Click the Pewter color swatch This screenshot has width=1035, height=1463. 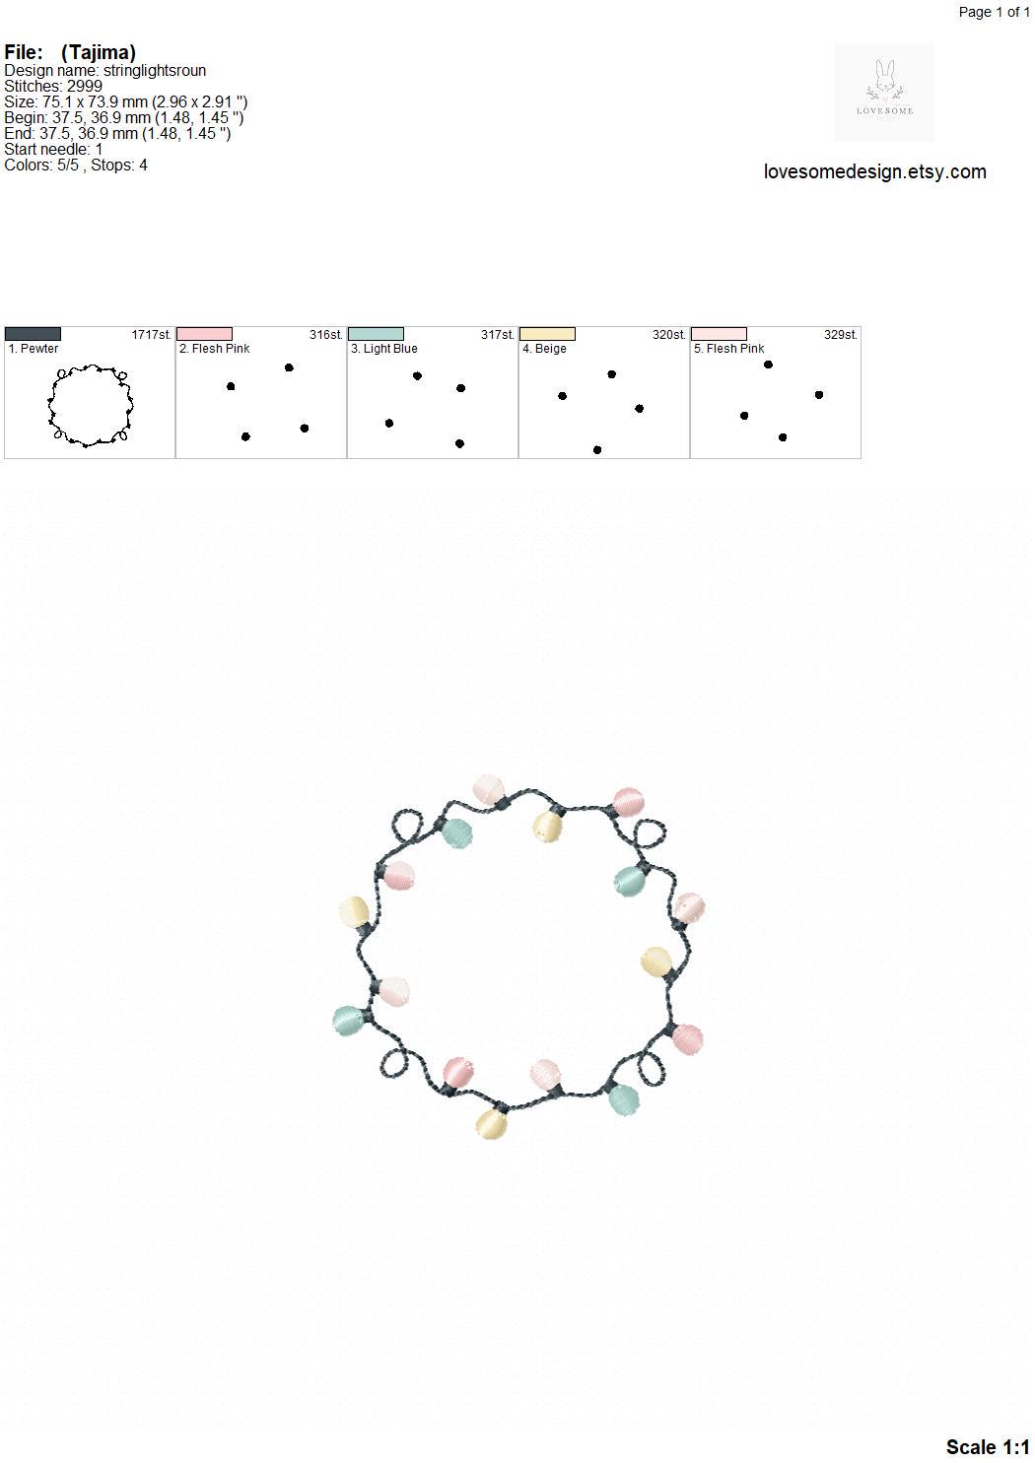click(x=33, y=334)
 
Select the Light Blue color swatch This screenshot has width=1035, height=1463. click(x=376, y=334)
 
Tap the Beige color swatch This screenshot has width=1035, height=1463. click(x=547, y=334)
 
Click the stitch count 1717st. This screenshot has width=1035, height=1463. click(x=151, y=334)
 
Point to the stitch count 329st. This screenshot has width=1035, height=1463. click(x=840, y=334)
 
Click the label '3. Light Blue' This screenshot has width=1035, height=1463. click(x=384, y=349)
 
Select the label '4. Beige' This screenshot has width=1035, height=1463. click(x=544, y=349)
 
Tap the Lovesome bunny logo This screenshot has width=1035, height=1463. click(x=884, y=92)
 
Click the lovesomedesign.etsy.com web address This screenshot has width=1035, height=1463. click(x=875, y=171)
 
